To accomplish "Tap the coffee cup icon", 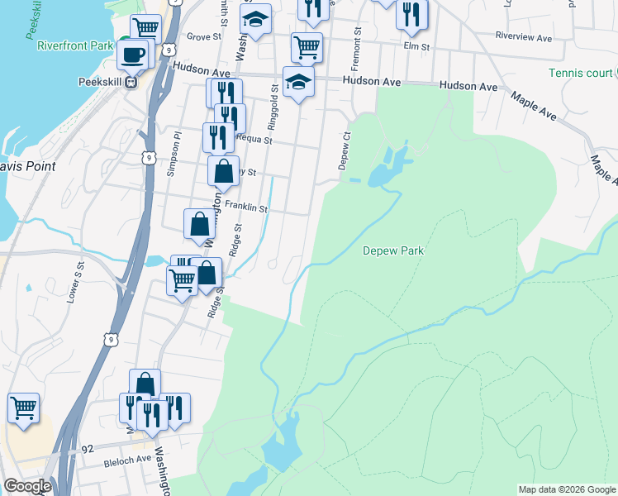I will [x=133, y=55].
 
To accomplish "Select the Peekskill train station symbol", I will [x=130, y=83].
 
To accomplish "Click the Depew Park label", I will [x=393, y=250].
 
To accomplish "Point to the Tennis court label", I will [x=582, y=73].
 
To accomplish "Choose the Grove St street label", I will [x=205, y=37].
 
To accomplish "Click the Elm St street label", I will [x=417, y=47].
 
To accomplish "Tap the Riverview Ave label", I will [x=523, y=37].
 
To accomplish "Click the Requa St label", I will [x=254, y=140].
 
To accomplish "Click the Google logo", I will [x=27, y=486].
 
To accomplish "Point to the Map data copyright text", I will [x=567, y=489].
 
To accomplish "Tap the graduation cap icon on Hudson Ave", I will [x=298, y=82].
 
